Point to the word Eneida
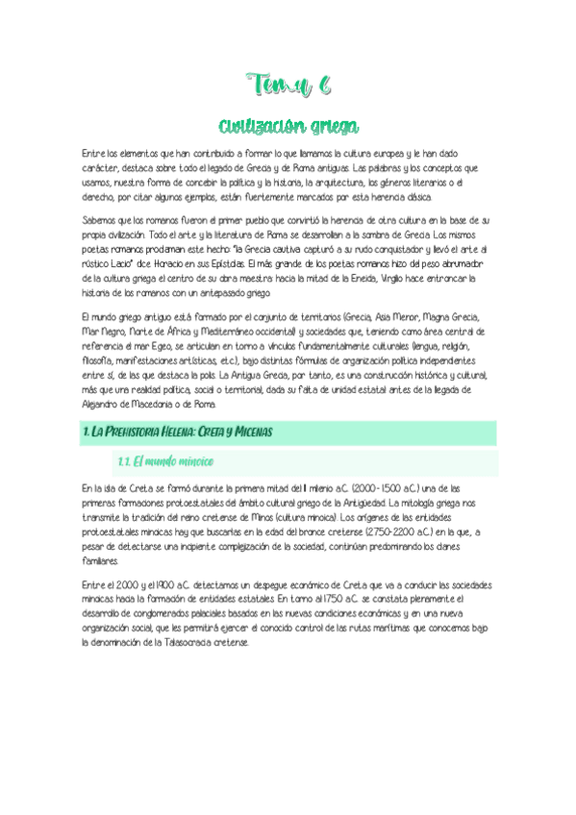[357, 279]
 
